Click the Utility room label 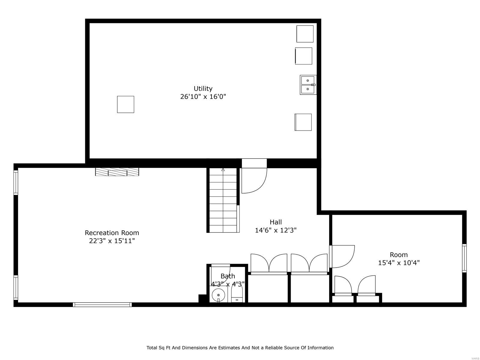click(x=203, y=88)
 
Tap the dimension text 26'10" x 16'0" click(x=203, y=97)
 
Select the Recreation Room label click(x=112, y=233)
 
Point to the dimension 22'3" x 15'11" click(x=112, y=241)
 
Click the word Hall click(x=275, y=222)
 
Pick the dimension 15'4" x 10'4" click(x=398, y=263)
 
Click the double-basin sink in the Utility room click(x=308, y=85)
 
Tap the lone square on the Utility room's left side click(x=125, y=104)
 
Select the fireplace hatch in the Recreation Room click(x=117, y=172)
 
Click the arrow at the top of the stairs click(x=223, y=170)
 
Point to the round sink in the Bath click(x=218, y=295)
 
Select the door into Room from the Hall click(x=342, y=256)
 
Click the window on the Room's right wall click(x=464, y=258)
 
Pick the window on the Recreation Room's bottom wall click(x=102, y=304)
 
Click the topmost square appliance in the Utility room click(x=305, y=34)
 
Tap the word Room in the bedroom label click(x=398, y=255)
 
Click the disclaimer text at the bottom click(x=240, y=348)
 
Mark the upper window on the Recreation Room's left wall click(x=16, y=183)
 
